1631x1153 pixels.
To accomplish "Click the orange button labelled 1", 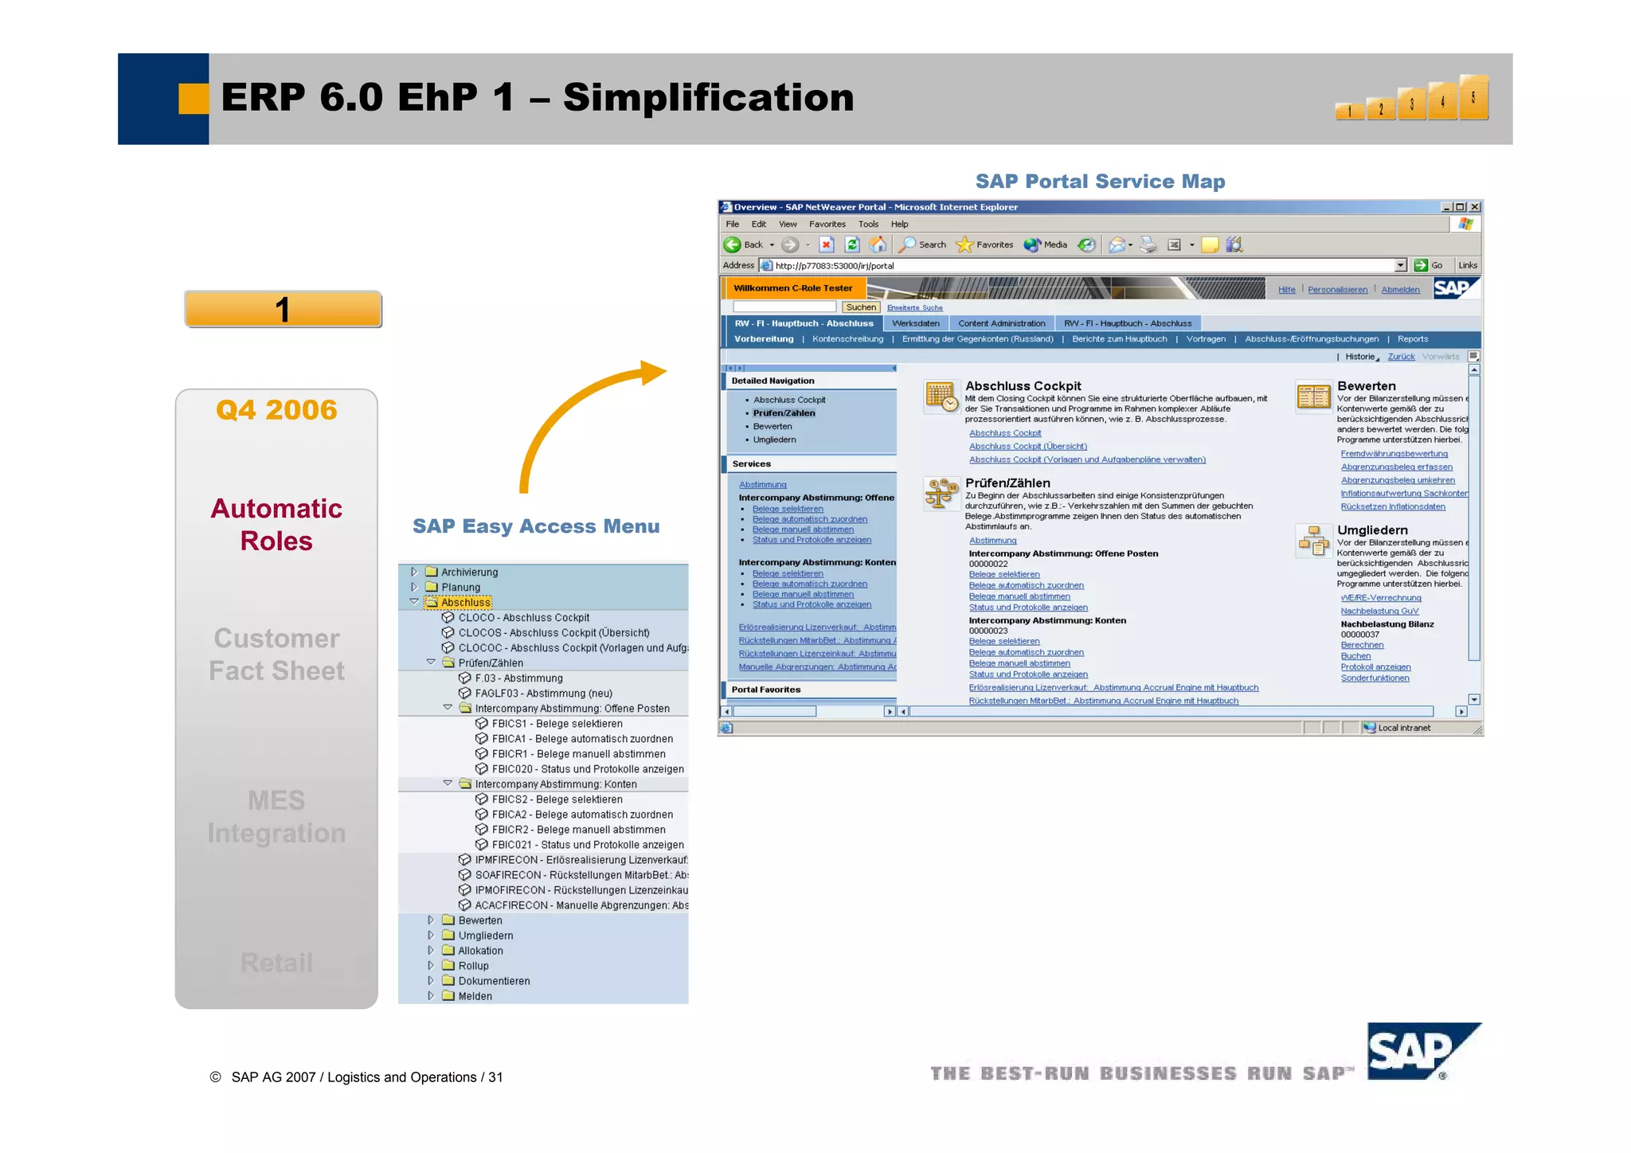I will point(283,310).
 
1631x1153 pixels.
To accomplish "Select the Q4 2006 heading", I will point(276,410).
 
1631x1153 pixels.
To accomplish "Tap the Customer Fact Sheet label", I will point(276,655).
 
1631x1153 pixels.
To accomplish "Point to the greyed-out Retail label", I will point(276,963).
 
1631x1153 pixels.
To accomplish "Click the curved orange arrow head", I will point(654,372).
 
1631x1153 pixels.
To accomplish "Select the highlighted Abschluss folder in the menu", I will point(465,603).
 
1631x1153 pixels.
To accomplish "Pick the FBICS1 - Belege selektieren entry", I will point(557,724).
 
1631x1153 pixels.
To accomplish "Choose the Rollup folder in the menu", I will point(473,966).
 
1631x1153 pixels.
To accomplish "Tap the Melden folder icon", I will point(448,996).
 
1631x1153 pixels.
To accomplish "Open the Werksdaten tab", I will point(916,323).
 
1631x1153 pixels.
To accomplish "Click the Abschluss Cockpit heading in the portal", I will point(1023,386).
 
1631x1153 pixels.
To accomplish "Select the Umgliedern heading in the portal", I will point(1372,530).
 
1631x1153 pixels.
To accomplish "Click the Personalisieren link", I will point(1337,290).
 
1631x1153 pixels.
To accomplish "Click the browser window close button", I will point(1474,207).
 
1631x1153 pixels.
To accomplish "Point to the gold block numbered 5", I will point(1473,97).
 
